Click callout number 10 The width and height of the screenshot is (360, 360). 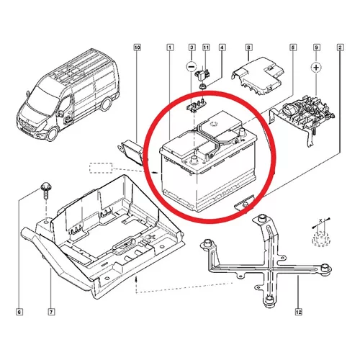coord(137,48)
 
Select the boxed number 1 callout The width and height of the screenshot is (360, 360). coord(170,48)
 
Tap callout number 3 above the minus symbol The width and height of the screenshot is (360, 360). coord(192,48)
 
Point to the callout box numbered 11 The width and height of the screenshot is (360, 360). coord(206,48)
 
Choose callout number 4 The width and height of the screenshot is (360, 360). coord(222,48)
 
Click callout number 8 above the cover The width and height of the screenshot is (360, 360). coord(248,48)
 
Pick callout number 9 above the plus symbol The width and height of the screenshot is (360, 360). coord(316,48)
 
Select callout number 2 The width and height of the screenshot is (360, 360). coord(340,48)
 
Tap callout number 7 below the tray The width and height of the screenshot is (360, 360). coord(51,312)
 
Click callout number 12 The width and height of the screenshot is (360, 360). coord(299,312)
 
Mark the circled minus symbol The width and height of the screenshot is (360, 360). coord(192,67)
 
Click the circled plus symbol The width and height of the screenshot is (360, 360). coord(316,68)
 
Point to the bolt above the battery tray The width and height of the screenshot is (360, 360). coord(45,191)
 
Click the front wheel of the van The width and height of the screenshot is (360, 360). coord(52,135)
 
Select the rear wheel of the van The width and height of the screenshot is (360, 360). coord(106,104)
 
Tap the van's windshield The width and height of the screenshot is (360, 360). coord(39,99)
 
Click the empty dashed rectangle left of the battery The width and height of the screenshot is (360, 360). coord(101,168)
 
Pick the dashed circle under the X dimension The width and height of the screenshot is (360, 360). coord(321,238)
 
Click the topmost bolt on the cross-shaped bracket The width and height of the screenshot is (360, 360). coord(261,218)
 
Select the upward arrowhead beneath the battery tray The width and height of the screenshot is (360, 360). coord(136,279)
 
